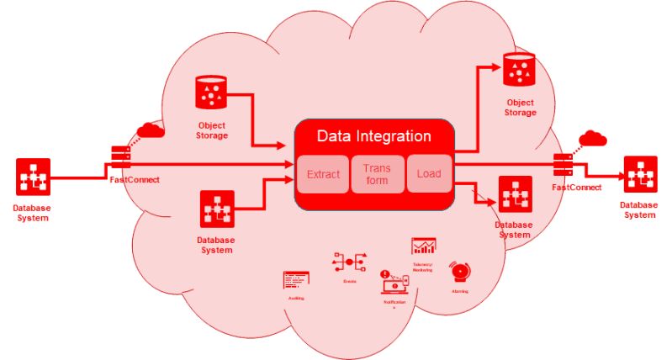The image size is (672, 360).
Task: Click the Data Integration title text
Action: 373,136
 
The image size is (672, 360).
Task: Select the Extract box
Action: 323,174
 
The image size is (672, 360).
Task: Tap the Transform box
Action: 377,174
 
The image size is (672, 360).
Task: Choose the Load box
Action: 429,174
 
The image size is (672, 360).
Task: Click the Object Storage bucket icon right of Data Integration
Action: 519,70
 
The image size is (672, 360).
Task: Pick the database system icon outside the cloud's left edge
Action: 33,177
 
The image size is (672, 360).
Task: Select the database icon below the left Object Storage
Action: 216,209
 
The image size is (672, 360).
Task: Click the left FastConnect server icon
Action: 120,156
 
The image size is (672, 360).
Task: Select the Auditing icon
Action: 296,280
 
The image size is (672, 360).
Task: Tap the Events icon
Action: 348,262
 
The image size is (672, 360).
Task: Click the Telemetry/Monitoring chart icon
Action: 423,246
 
